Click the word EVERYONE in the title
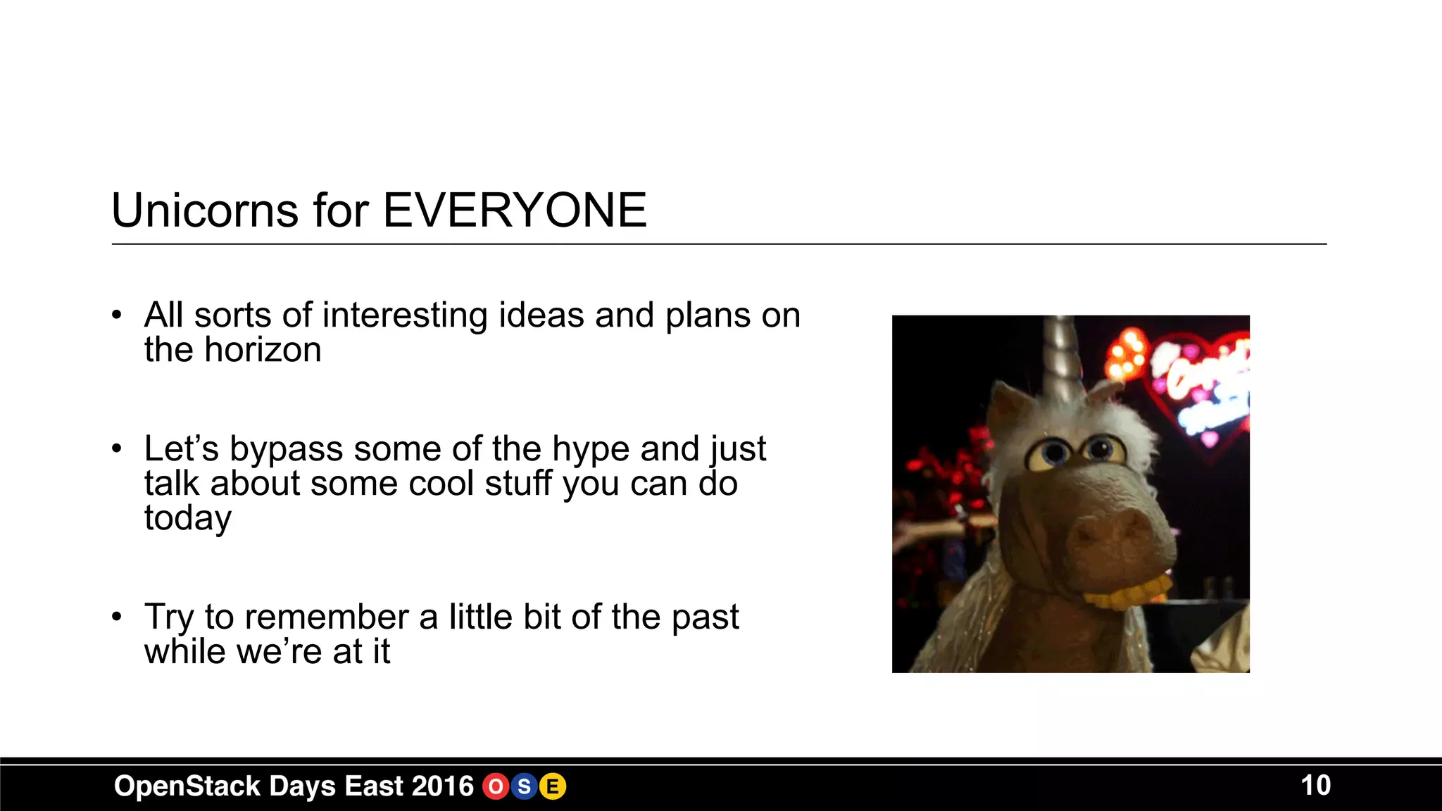pos(515,210)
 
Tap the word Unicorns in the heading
pos(205,210)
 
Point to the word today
pos(187,518)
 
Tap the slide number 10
pos(1315,786)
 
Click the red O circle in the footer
pos(496,786)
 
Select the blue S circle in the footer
pos(524,786)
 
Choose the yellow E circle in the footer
pos(553,786)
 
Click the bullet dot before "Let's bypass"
pos(117,448)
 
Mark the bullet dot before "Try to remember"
pos(117,617)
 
